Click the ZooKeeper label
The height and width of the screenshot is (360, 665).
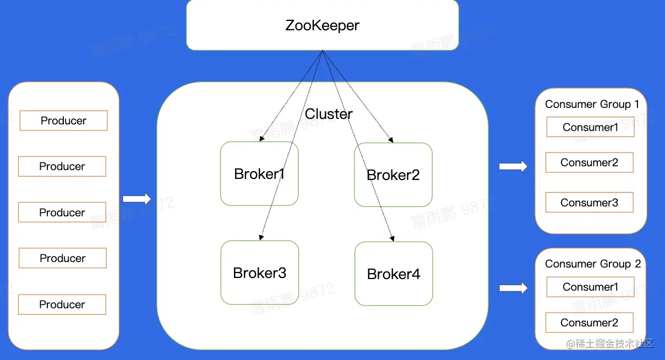pos(322,25)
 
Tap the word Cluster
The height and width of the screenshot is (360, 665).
pos(329,114)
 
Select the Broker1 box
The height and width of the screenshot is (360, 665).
pos(259,174)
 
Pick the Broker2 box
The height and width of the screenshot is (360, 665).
pos(393,175)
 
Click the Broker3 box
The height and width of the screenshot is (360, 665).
pos(260,273)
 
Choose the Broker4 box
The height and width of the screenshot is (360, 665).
pos(394,274)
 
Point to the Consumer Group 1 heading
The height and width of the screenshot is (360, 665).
pos(592,104)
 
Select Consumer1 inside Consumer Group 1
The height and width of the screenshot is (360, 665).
pos(590,127)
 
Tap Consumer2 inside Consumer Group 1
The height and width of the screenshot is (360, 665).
pos(589,162)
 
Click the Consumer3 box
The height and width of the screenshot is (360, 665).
pos(589,203)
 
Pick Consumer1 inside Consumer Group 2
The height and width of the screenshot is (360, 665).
pos(590,287)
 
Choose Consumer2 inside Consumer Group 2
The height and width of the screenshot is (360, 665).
pos(589,323)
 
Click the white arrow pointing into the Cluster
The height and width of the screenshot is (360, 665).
pos(137,199)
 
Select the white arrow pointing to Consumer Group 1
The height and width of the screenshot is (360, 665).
pos(513,166)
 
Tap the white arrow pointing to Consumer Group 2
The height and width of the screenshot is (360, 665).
pos(513,287)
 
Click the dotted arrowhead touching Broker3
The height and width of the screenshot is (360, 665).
pos(260,238)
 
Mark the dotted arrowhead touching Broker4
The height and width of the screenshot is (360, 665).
pos(393,239)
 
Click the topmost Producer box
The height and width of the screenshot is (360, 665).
pos(63,121)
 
